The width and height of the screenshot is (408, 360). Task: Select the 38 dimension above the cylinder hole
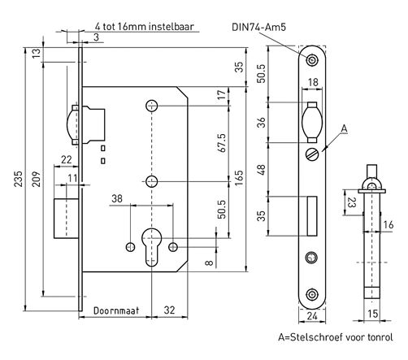click(117, 197)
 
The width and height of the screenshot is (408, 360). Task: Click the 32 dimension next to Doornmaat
click(169, 310)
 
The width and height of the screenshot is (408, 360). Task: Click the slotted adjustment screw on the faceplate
click(313, 153)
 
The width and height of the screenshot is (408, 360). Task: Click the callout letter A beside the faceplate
click(345, 128)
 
